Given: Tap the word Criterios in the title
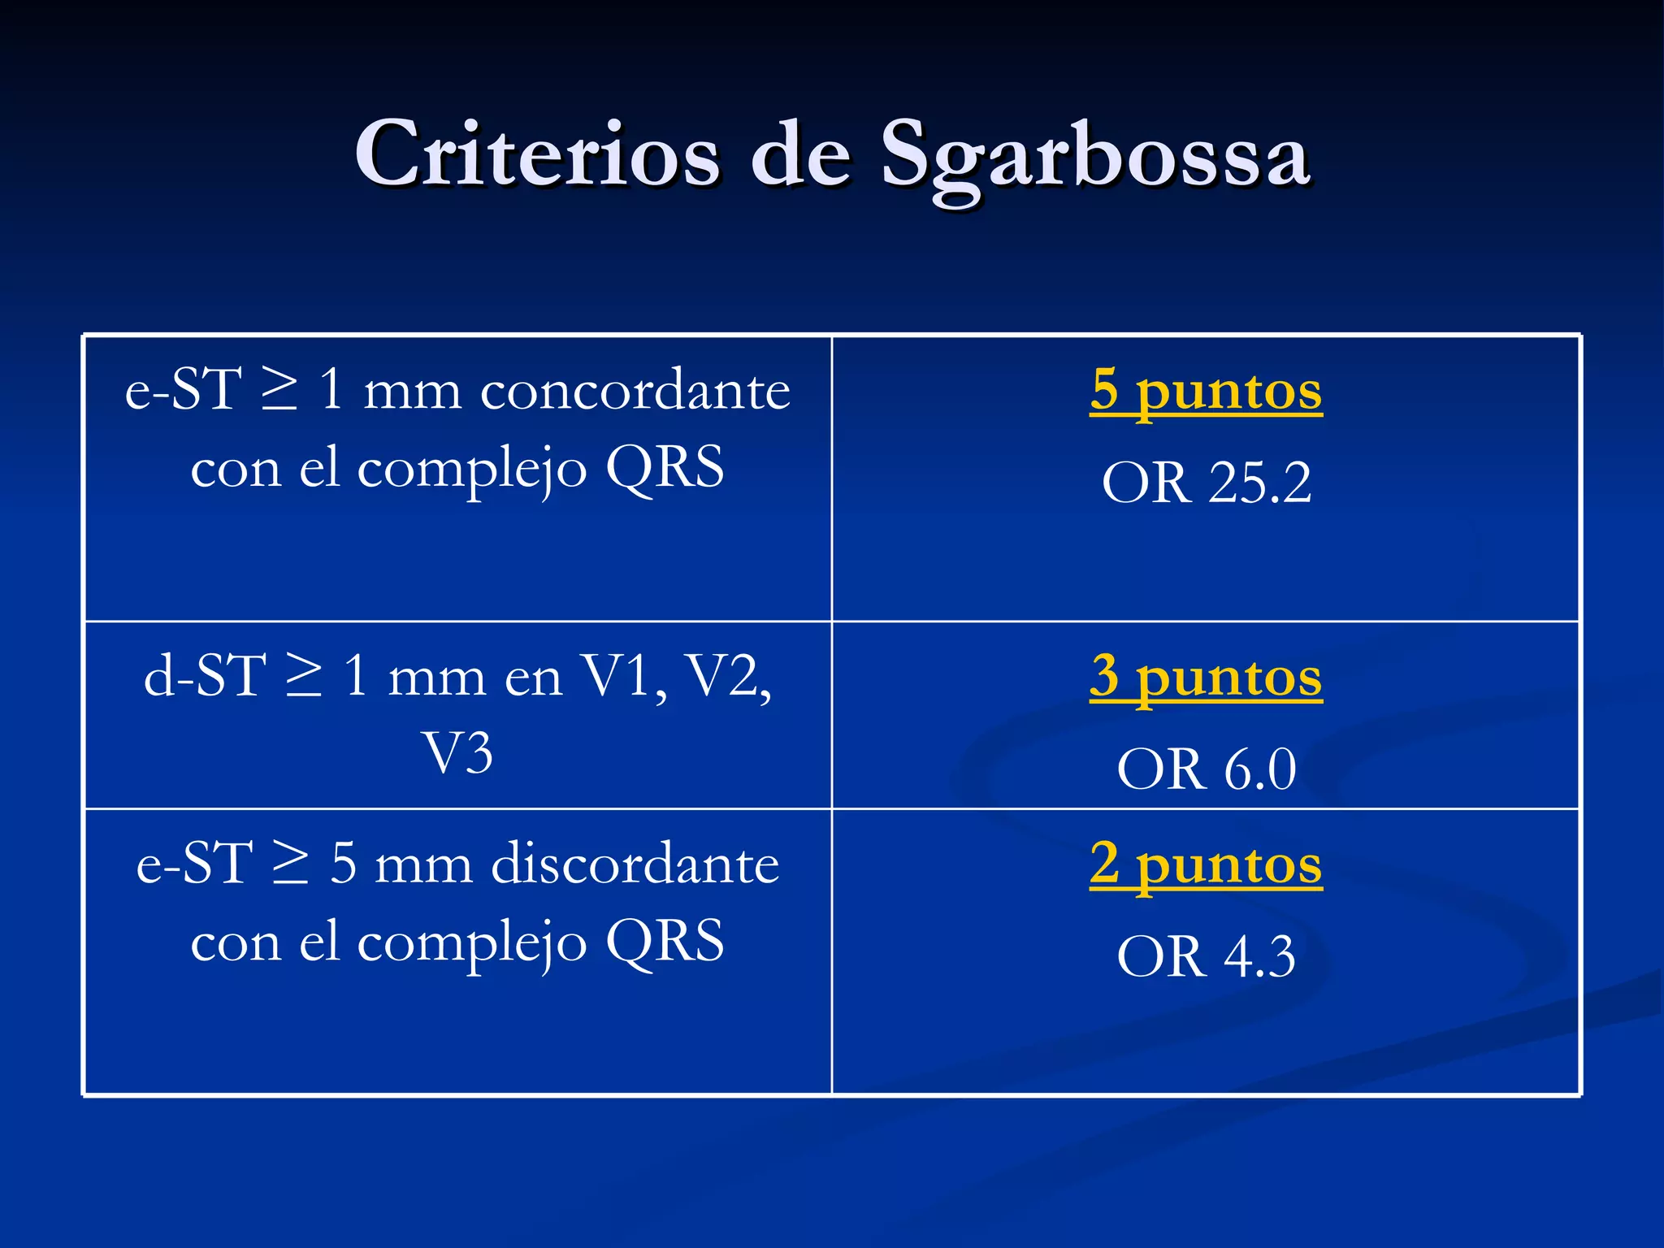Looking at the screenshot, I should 537,154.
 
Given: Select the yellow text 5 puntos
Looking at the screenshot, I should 1206,391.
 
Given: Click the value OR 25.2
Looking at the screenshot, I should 1207,483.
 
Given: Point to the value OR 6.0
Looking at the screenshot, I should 1207,769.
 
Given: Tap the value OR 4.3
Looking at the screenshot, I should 1207,956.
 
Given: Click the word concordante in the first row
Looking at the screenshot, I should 635,391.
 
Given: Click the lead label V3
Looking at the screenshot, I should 457,753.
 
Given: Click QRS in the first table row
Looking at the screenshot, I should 665,468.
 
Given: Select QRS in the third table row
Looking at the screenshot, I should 665,942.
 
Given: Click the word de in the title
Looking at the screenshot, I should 799,154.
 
